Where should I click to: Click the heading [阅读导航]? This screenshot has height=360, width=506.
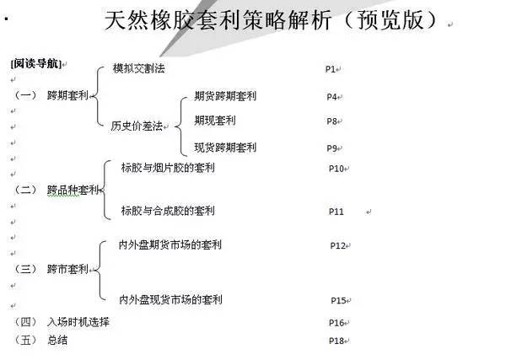(35, 64)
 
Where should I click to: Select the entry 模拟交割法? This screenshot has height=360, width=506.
(138, 67)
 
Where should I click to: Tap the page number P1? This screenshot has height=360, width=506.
(331, 68)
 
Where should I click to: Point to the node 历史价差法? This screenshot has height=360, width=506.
(136, 126)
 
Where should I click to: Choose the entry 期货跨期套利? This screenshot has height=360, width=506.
(225, 95)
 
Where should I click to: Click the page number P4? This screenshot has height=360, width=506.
(332, 97)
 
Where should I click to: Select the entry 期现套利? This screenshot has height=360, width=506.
(215, 121)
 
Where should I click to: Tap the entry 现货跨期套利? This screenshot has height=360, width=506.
(225, 148)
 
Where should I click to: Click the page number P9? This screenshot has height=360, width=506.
(332, 148)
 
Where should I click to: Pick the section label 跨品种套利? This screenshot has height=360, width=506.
(73, 190)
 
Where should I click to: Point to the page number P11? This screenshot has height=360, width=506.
(336, 212)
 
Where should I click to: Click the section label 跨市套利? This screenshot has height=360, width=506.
(67, 269)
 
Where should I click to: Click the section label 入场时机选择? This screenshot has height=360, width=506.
(78, 322)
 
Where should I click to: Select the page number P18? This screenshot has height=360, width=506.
(336, 341)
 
